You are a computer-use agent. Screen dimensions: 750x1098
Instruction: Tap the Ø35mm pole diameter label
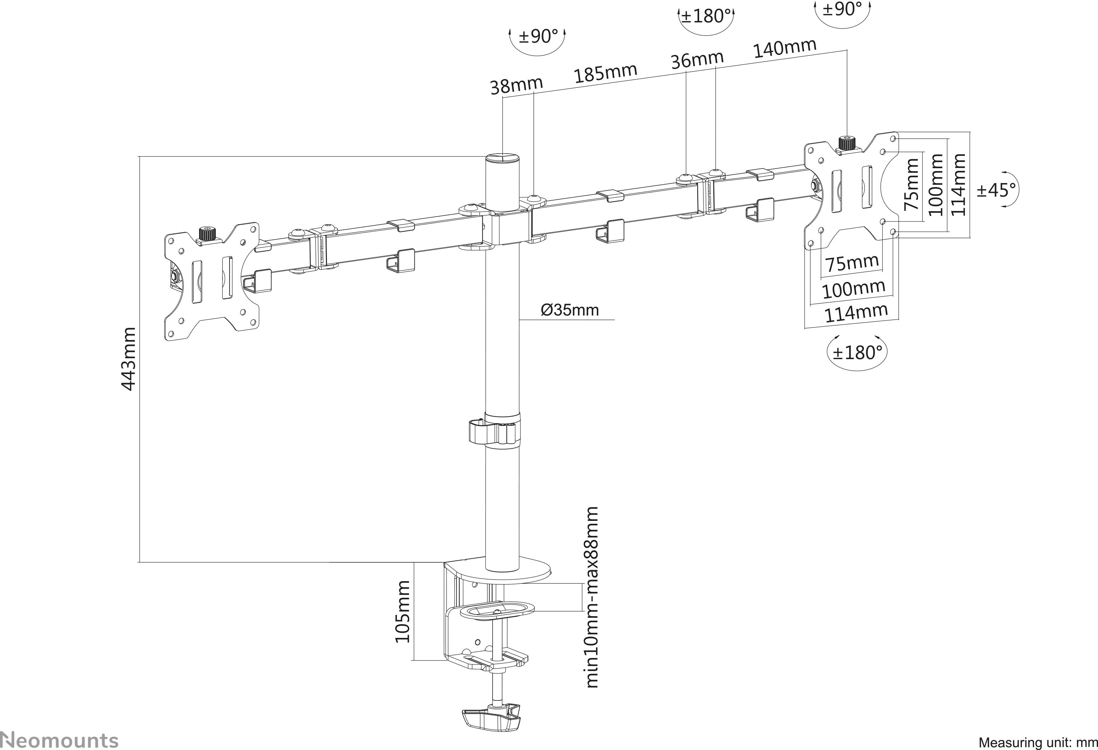[x=569, y=310]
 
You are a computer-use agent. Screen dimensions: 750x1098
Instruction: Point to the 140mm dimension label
[x=784, y=48]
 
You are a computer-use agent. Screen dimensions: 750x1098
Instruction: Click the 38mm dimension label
[x=516, y=86]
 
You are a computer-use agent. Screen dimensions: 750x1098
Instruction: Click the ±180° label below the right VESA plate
[x=857, y=352]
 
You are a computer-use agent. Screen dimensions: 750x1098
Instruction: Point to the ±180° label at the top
[x=706, y=17]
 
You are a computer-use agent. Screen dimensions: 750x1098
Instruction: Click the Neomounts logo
[x=59, y=740]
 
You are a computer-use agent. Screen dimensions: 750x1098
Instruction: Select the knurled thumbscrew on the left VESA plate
[x=207, y=233]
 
